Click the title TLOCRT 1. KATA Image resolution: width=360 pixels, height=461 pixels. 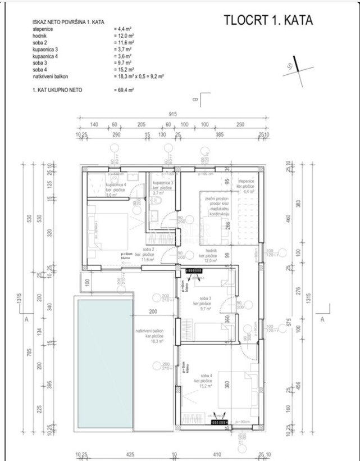tap(268, 20)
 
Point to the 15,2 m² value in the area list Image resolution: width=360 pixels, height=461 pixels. tap(122, 69)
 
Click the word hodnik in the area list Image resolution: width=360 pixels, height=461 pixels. tap(41, 35)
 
